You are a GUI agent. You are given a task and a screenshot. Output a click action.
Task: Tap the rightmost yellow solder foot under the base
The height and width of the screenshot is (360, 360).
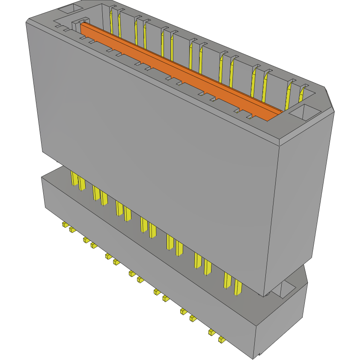pos(221,339)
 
